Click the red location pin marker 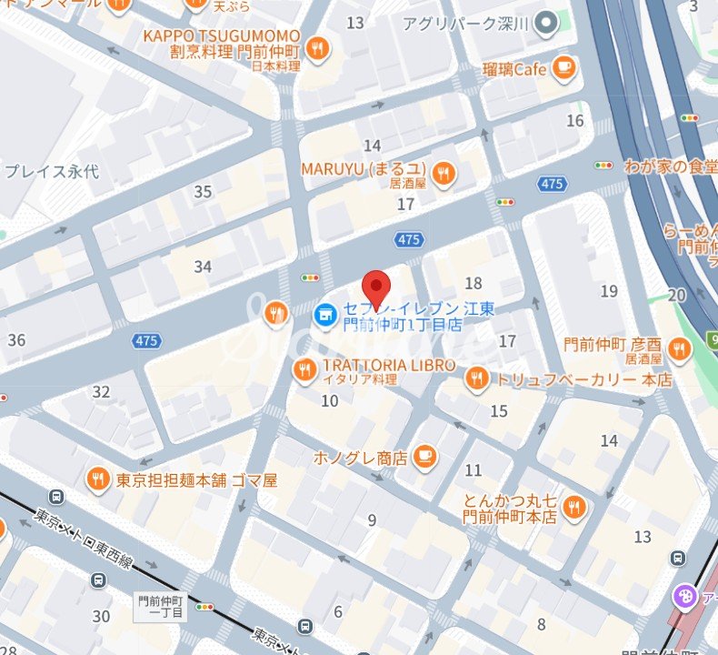(x=376, y=288)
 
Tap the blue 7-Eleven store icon (x=321, y=316)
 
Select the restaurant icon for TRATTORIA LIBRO (x=304, y=369)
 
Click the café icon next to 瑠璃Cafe (x=564, y=67)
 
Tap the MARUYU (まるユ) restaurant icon (x=443, y=173)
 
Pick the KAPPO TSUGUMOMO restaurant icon (x=317, y=48)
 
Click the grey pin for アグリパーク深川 (x=545, y=22)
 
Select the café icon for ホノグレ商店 (x=424, y=457)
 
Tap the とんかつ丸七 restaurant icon (x=573, y=508)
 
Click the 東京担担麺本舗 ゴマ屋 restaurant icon (x=98, y=479)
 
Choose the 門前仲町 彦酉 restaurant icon (x=678, y=348)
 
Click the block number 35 (x=203, y=192)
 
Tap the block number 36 (x=16, y=340)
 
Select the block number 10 (x=330, y=400)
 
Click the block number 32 (x=101, y=392)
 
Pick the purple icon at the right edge (x=682, y=597)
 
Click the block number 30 (x=101, y=616)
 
